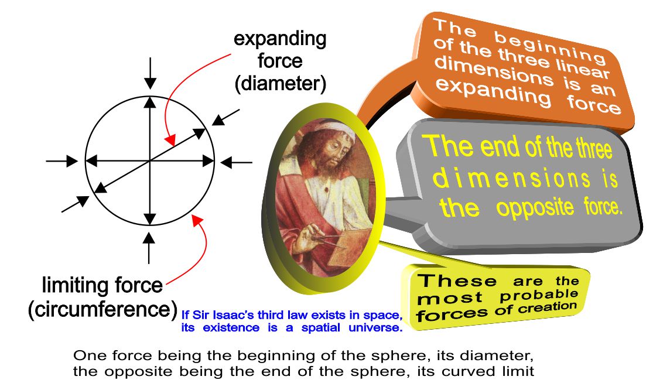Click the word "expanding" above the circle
280,40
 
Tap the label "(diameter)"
281,84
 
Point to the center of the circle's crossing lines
149,160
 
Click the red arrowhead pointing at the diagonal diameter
170,140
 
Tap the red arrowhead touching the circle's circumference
197,220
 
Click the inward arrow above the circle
150,73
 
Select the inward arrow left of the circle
61,160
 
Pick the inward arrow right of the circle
236,162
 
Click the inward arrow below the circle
149,248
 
